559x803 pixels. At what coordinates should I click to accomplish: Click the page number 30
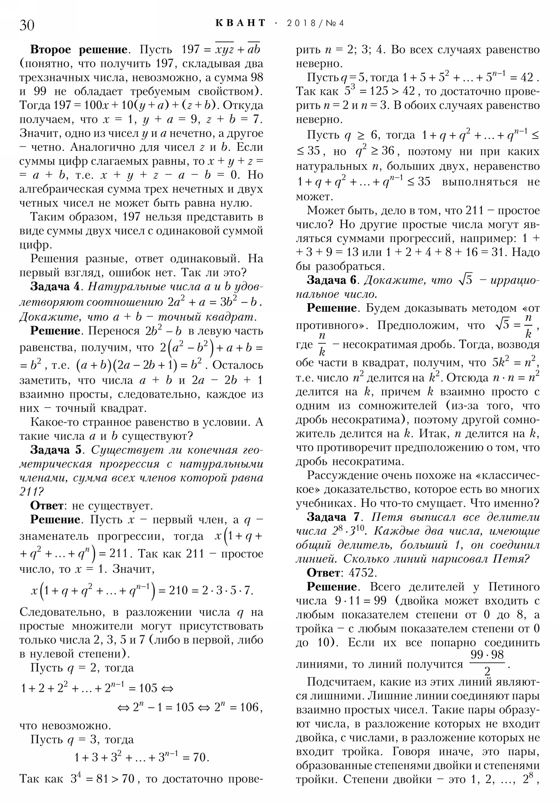27,25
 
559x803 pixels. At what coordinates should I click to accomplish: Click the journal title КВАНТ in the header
240,23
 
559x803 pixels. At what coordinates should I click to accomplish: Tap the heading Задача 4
55,286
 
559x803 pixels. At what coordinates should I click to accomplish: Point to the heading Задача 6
332,280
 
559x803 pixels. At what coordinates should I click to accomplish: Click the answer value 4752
363,573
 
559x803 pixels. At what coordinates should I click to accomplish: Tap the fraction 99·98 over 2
487,662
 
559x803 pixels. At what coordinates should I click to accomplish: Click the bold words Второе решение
79,49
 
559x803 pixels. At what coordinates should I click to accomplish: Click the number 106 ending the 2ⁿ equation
251,707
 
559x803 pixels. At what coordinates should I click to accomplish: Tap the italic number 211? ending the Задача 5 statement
32,492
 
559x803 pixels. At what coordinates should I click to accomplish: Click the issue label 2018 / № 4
315,23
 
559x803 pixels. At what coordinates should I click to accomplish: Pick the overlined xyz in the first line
224,50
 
